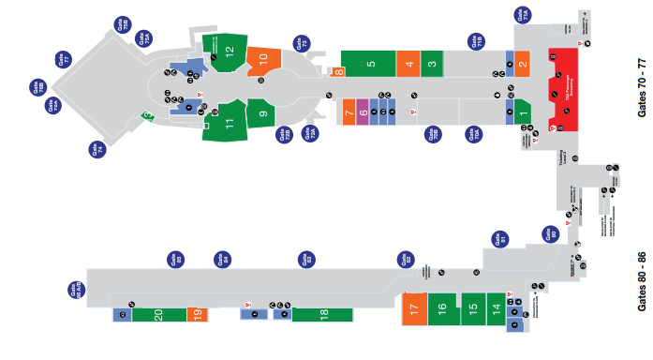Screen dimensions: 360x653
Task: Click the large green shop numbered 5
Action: click(371, 65)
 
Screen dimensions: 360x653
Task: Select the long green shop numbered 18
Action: click(323, 315)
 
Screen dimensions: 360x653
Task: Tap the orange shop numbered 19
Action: click(197, 315)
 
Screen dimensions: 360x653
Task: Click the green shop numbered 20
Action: click(158, 315)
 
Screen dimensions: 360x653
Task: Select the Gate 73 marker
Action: click(301, 43)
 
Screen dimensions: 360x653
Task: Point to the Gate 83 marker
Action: click(304, 259)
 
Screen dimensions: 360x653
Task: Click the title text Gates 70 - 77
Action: click(642, 85)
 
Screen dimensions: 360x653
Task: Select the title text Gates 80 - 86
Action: click(642, 281)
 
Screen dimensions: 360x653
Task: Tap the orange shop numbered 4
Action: click(408, 65)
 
